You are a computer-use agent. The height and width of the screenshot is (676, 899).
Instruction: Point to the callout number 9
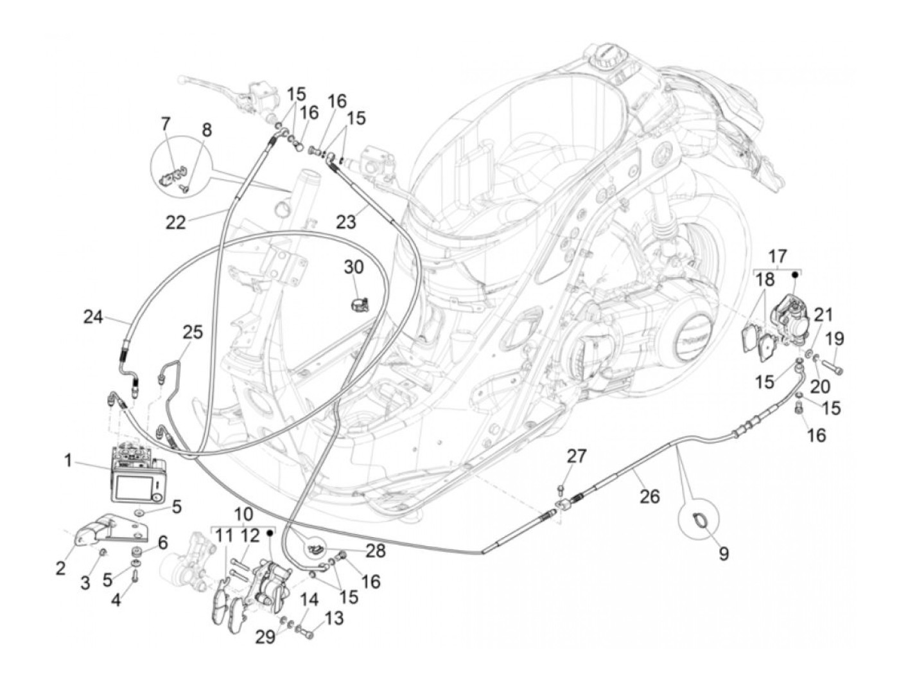tap(724, 553)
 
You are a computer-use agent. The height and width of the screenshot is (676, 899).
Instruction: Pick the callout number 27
tap(576, 456)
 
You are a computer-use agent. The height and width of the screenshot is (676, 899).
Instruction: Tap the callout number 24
tap(93, 317)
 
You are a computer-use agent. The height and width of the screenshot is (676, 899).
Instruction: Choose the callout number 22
tap(175, 222)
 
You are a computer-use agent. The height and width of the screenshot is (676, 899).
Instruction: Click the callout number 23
tap(347, 222)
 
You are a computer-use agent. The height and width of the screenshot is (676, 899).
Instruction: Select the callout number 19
tap(835, 339)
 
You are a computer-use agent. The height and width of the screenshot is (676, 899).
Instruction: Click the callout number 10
tap(243, 514)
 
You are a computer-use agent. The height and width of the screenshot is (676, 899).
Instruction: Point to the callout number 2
tap(60, 567)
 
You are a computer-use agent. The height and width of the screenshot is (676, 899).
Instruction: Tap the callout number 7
tap(166, 122)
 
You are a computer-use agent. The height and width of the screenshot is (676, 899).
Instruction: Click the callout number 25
tap(192, 333)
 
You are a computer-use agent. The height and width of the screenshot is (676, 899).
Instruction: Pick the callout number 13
tap(335, 618)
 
